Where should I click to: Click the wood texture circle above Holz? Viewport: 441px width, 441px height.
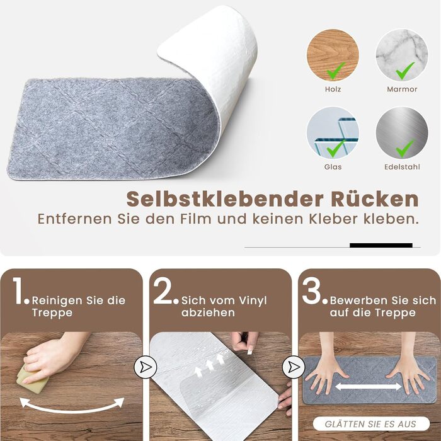[x=333, y=55]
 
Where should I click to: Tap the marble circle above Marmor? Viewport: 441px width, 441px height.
[x=402, y=55]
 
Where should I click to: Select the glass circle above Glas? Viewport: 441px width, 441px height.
[x=333, y=133]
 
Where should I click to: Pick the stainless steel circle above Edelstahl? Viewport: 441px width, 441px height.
[x=402, y=133]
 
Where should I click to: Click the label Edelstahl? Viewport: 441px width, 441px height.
[x=402, y=167]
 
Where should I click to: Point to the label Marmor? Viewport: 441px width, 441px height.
[x=402, y=89]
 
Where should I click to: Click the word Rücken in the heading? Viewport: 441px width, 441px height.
[x=375, y=199]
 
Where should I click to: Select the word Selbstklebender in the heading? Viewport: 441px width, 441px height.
[x=225, y=199]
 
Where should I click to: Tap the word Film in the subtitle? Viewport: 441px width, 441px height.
[x=196, y=219]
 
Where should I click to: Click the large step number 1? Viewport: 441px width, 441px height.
[x=18, y=291]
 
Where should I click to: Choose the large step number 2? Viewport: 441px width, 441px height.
[x=163, y=291]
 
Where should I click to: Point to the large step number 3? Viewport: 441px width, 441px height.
[x=311, y=291]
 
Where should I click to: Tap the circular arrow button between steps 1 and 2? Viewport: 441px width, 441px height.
[x=145, y=367]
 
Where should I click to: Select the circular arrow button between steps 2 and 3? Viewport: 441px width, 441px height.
[x=294, y=367]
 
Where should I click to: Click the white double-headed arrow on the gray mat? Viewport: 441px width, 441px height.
[x=368, y=387]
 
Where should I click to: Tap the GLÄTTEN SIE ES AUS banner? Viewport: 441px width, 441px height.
[x=371, y=424]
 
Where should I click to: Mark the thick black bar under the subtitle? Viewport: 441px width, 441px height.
[x=381, y=245]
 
